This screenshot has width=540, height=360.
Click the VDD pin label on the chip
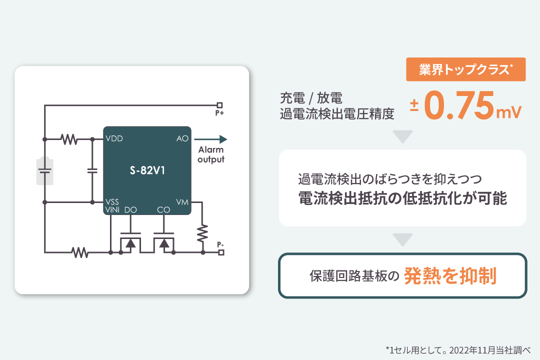pos(114,138)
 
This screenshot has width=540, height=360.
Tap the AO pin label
pos(182,138)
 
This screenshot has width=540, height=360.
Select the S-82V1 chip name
pos(147,170)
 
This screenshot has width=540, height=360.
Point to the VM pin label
pos(182,202)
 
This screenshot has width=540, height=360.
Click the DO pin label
pos(130,210)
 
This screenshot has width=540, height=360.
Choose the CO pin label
pos(163,210)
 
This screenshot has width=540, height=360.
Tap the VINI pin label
pos(112,210)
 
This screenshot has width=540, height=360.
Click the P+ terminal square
pos(219,105)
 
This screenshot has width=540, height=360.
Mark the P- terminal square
pos(221,252)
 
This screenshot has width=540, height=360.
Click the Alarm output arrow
pos(210,139)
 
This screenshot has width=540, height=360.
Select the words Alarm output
pos(211,154)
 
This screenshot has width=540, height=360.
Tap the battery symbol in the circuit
pos(45,171)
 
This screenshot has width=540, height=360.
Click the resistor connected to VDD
pos(69,139)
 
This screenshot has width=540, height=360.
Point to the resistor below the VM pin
pos(202,233)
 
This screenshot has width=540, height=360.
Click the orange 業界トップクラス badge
pos(466,69)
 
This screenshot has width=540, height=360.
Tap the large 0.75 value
pos(459,105)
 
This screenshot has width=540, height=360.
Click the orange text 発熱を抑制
pos(450,275)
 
